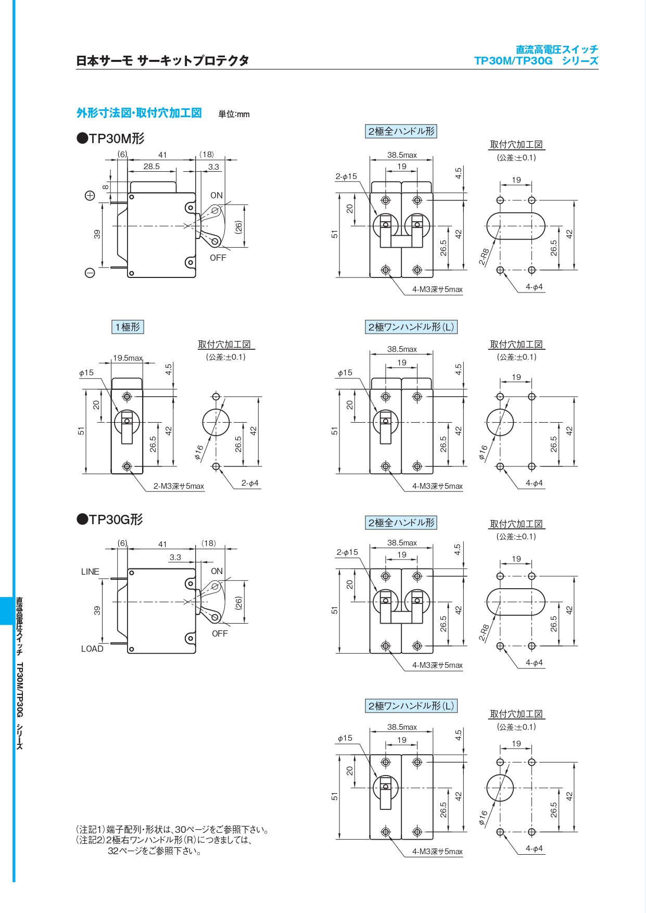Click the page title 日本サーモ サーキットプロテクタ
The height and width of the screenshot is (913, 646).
point(162,61)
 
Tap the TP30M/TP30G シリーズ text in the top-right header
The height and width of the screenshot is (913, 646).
point(536,61)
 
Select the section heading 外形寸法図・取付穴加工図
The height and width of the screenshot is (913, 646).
point(139,113)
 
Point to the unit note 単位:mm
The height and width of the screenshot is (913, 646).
point(234,115)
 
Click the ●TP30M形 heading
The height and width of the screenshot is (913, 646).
point(111,138)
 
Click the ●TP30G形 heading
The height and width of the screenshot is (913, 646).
point(110,519)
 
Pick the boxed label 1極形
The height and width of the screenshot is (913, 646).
point(128,327)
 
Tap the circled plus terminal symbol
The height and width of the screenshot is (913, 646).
point(90,196)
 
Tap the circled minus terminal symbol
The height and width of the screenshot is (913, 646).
point(90,273)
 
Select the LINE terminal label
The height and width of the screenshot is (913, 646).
point(90,572)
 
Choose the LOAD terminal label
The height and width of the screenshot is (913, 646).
point(92,649)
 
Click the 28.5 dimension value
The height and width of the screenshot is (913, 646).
point(151,167)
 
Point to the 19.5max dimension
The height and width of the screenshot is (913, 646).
point(128,358)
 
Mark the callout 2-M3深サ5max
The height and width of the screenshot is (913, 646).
point(179,486)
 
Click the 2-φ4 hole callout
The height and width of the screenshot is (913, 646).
point(250,483)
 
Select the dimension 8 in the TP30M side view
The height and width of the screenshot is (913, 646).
point(106,187)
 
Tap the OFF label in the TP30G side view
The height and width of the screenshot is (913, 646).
point(220,633)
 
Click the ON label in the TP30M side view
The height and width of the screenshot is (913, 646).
point(217,195)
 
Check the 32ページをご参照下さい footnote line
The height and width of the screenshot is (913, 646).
point(155,851)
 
